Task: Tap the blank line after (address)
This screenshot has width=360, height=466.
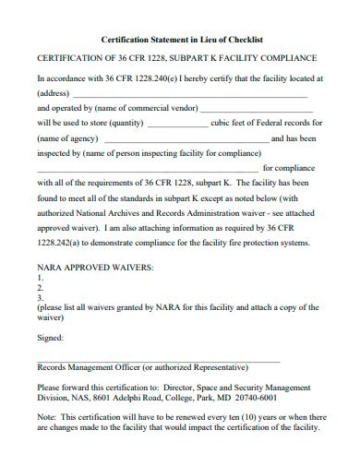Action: pyautogui.click(x=188, y=95)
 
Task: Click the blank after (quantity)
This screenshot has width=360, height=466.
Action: pyautogui.click(x=178, y=123)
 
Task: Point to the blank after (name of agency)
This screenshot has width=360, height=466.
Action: pyautogui.click(x=171, y=139)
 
